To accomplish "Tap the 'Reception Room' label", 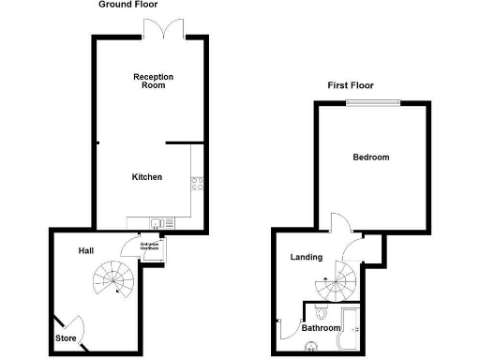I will coord(149,81).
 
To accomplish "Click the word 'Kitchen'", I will coord(147,176).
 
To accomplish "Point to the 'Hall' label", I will coord(86,250).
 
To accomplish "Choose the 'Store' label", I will coord(65,337).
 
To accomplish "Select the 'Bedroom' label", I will coord(370,157).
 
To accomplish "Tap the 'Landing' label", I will coord(306,257).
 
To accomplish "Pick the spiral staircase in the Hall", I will coord(113,277).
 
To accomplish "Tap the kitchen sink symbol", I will coord(156,222).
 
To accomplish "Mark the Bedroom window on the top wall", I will coord(372,101).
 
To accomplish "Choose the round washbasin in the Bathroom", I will coord(311,345).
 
